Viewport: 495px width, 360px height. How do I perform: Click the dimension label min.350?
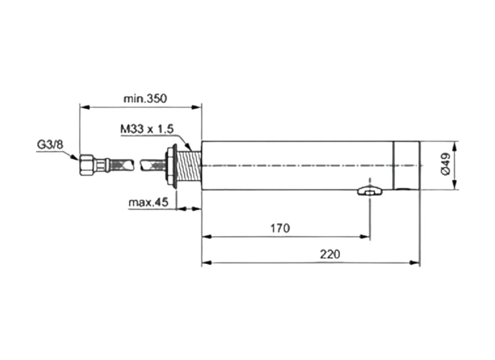pyautogui.click(x=145, y=99)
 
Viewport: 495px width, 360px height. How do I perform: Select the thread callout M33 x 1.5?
pyautogui.click(x=147, y=130)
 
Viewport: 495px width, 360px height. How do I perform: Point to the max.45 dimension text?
pyautogui.click(x=148, y=202)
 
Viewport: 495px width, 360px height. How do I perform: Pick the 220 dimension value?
pyautogui.click(x=330, y=254)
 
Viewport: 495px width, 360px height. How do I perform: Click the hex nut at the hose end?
pyautogui.click(x=86, y=165)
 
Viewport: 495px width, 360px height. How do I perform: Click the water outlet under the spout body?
pyautogui.click(x=369, y=192)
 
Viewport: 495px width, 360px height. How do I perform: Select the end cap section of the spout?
pyautogui.click(x=407, y=165)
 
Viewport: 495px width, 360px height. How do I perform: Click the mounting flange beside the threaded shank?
pyautogui.click(x=171, y=166)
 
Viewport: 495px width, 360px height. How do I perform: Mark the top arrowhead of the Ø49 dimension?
pyautogui.click(x=455, y=146)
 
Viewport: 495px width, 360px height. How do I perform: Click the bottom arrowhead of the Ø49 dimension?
pyautogui.click(x=455, y=185)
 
